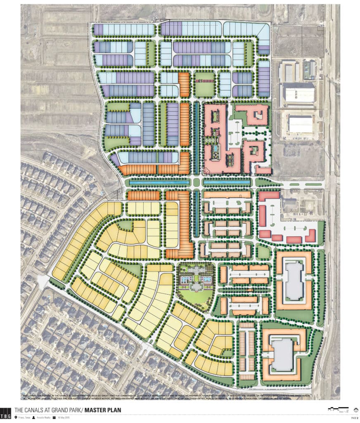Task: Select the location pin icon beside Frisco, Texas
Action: (16, 418)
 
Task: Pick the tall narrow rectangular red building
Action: (261, 215)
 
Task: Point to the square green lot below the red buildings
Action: (263, 251)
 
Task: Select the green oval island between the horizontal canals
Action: (196, 182)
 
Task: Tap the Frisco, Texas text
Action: (24, 418)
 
